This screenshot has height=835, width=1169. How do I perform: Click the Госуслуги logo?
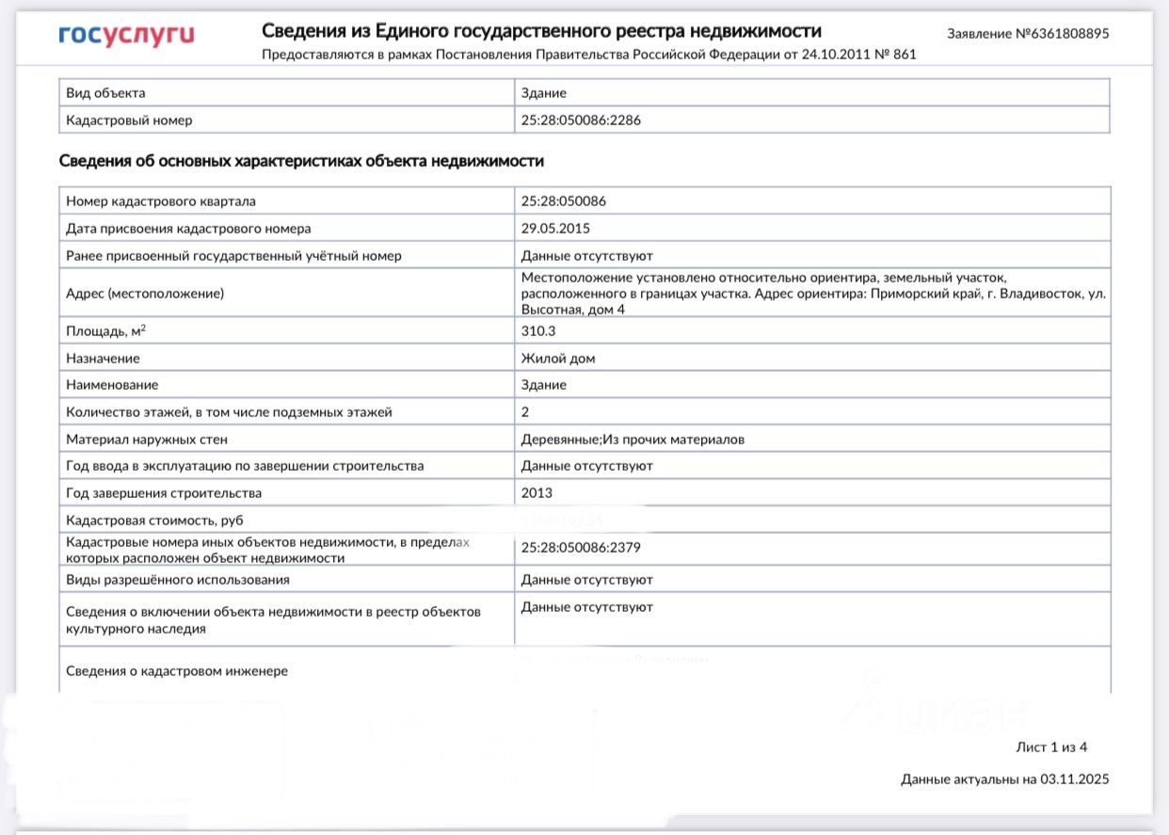click(x=126, y=36)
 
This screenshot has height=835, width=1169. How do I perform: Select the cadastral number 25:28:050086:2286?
click(x=581, y=120)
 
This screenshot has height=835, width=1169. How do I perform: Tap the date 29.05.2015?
click(x=555, y=229)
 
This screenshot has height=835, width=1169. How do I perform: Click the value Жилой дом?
click(x=557, y=359)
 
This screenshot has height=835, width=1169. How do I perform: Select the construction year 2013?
click(x=536, y=493)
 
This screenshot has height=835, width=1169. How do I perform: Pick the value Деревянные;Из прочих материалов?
click(x=633, y=440)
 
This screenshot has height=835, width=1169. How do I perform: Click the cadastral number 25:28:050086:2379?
click(x=581, y=548)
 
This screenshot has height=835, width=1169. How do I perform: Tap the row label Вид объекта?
click(x=105, y=93)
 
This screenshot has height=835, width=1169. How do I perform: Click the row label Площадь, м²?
click(x=105, y=331)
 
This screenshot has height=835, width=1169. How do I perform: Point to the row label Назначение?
click(x=103, y=359)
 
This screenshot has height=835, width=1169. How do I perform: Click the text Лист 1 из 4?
click(x=1051, y=747)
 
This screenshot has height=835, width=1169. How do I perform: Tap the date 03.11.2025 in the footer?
click(x=1074, y=779)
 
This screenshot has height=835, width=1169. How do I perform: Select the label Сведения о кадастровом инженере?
click(x=177, y=671)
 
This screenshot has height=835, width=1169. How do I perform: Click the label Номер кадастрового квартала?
click(x=160, y=201)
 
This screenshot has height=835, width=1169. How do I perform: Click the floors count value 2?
click(x=525, y=412)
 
